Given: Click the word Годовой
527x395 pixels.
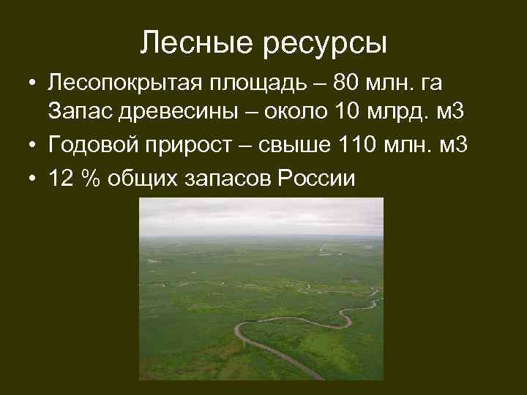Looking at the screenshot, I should pos(92,146).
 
